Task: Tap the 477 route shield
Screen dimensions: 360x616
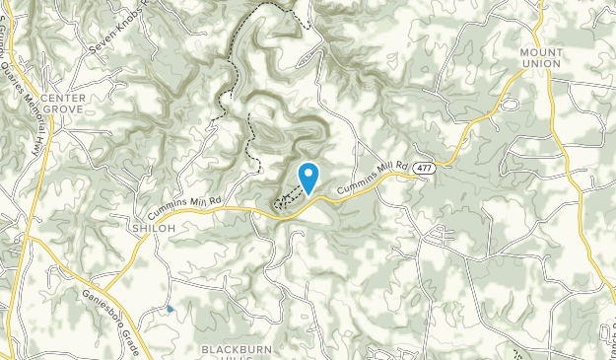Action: click(x=422, y=168)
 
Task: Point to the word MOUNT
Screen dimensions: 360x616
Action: click(x=541, y=51)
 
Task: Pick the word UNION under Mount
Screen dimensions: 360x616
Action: click(x=541, y=63)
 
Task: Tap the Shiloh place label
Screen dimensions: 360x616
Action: click(x=153, y=228)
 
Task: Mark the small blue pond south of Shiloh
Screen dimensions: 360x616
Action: click(x=171, y=310)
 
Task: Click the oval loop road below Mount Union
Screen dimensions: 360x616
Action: click(x=509, y=103)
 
